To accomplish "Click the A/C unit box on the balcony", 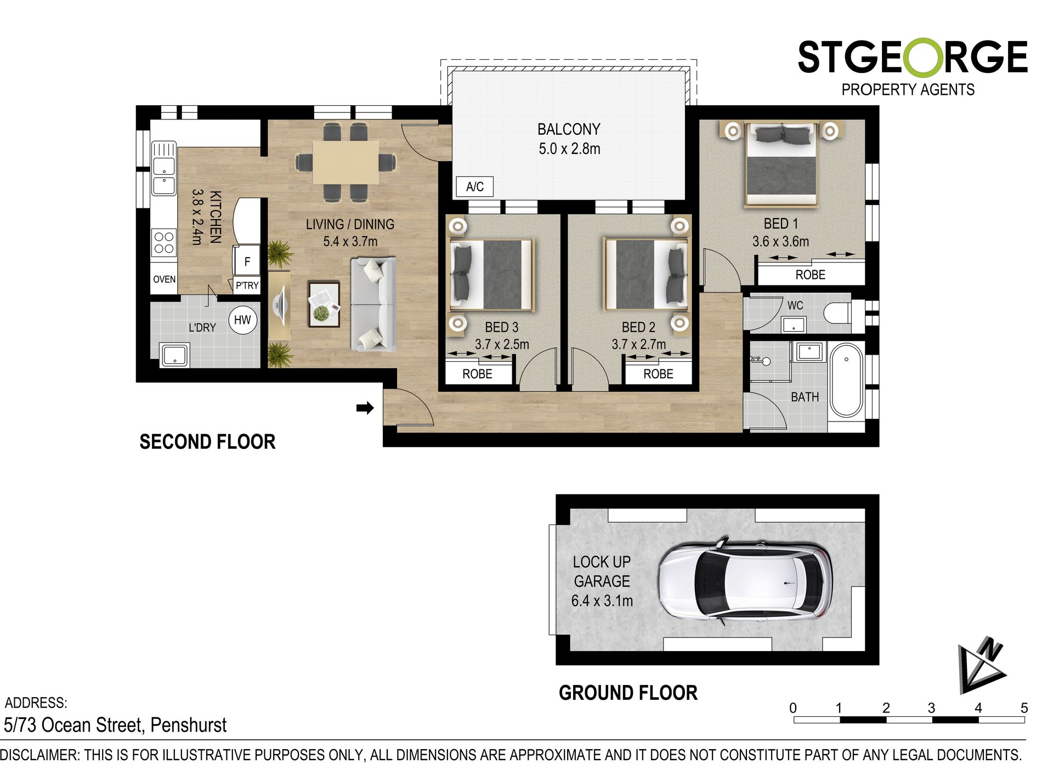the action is (475, 187).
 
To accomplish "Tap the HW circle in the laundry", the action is (242, 320).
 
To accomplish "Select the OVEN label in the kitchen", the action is (164, 279).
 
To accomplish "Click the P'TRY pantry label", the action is (247, 286).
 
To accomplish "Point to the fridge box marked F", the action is (247, 261).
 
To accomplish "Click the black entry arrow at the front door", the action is (365, 408).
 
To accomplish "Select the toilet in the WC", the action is (837, 313).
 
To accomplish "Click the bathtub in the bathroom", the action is (846, 380).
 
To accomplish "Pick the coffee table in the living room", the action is (324, 304).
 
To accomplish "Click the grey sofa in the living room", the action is (373, 304).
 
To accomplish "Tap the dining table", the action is (346, 163).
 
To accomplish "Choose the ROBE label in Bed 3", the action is (477, 374).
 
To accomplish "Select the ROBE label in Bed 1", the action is (810, 275).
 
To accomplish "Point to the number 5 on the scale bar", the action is (1023, 708).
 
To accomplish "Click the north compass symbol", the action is (982, 664).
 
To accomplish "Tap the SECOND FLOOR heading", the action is (207, 442).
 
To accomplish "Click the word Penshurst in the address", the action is (188, 725).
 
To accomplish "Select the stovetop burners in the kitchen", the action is (164, 243).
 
